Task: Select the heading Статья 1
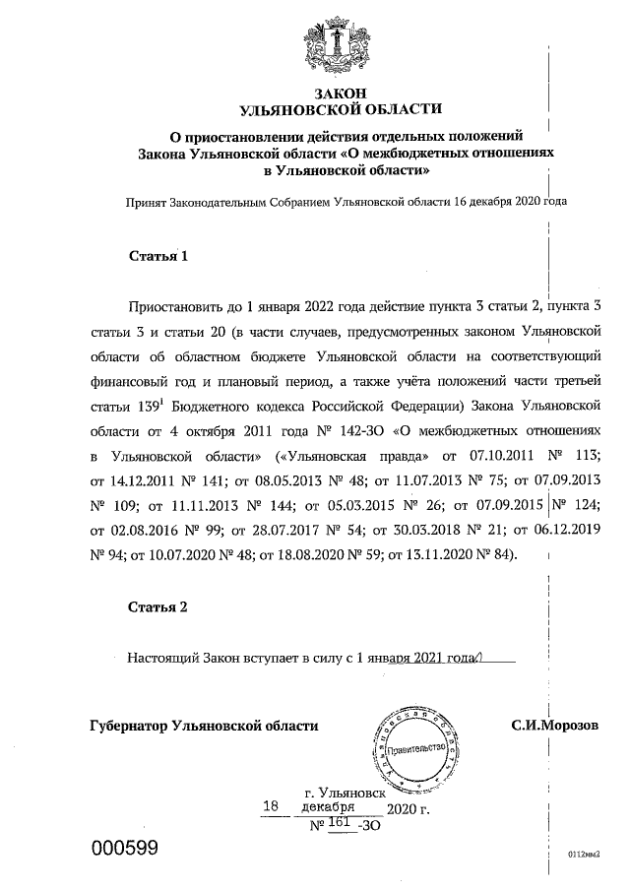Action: pyautogui.click(x=158, y=256)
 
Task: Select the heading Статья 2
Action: pyautogui.click(x=158, y=606)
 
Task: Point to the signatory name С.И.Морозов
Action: pyautogui.click(x=554, y=725)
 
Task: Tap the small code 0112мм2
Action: pyautogui.click(x=584, y=854)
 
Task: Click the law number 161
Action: pyautogui.click(x=341, y=822)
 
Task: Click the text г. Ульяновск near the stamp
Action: pyautogui.click(x=345, y=791)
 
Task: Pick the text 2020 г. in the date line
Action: pyautogui.click(x=409, y=809)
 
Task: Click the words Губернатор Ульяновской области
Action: pyautogui.click(x=204, y=725)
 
